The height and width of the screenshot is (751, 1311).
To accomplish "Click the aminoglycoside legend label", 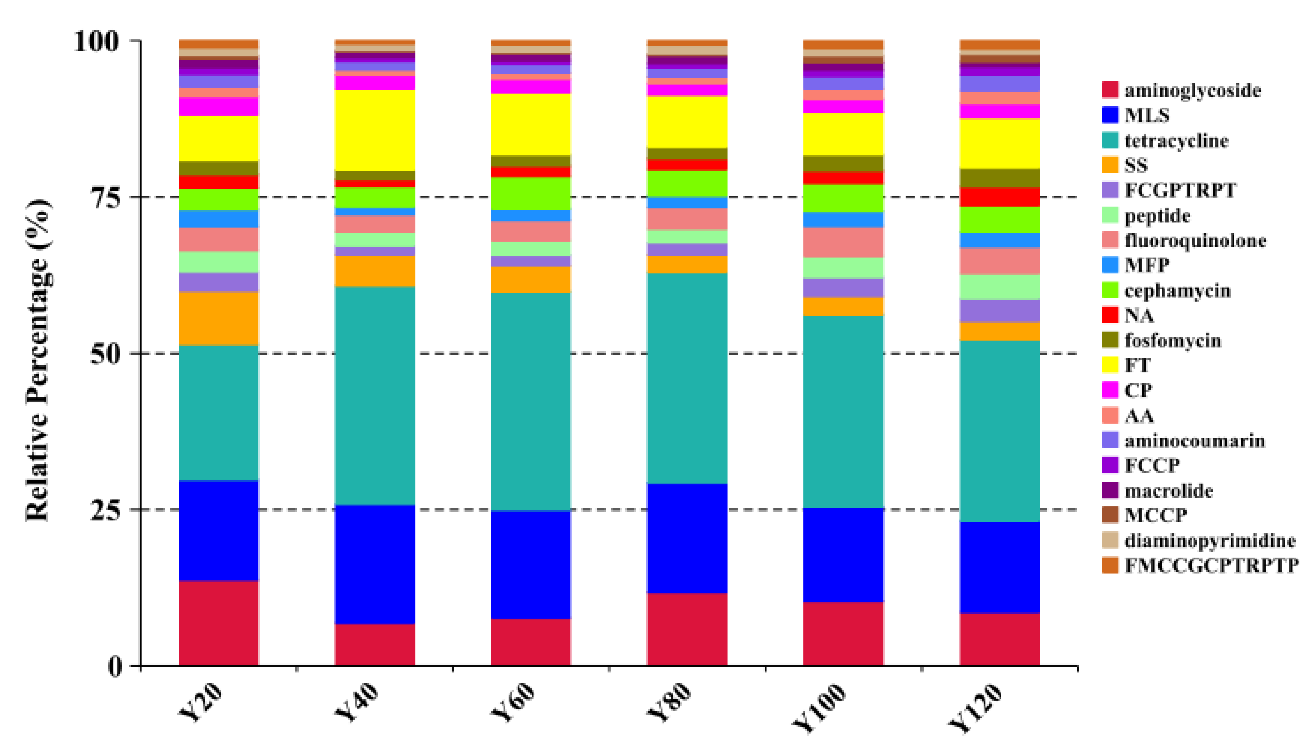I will point(1193,90).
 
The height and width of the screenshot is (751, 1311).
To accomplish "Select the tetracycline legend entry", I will point(1176,140).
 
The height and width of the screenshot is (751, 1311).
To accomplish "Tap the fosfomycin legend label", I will point(1173,340).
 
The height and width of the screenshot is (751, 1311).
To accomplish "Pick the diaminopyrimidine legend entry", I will point(1210,540).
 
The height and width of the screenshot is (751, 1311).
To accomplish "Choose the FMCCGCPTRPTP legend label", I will point(1211,565).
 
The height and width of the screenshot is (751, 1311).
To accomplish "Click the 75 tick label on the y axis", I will point(106,197).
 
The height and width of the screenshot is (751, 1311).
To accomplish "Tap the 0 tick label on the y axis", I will point(115,667).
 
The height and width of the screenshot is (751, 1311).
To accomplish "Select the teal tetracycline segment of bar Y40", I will point(375,396).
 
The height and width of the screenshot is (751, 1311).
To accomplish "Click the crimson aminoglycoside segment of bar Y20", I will point(219,623).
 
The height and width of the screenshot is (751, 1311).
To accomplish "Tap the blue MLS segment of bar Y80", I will point(687,538).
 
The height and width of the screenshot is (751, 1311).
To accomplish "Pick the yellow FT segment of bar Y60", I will point(531,124).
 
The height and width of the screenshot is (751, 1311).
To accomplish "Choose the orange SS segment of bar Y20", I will point(219,319).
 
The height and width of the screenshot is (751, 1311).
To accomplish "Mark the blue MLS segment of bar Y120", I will point(999,568).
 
